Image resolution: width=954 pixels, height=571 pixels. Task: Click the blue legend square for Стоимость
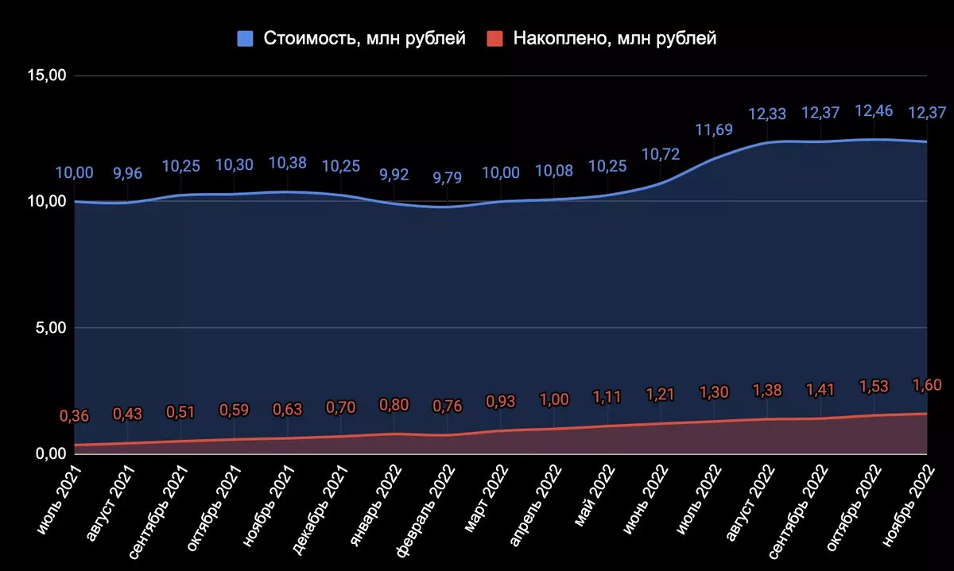coord(246,39)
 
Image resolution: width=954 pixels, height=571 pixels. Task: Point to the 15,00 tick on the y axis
coord(47,75)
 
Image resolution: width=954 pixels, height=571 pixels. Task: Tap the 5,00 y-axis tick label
coord(50,327)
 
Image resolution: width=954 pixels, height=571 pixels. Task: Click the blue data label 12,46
coord(874,111)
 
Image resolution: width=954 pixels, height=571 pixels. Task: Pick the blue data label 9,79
coord(447,177)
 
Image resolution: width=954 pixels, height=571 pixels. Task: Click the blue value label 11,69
coord(714,129)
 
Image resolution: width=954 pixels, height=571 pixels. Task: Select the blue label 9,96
coord(127,172)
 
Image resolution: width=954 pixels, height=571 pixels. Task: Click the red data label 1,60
coord(926,385)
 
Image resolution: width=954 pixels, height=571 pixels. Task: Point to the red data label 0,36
coord(74,416)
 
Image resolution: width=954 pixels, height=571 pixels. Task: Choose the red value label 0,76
coord(447,406)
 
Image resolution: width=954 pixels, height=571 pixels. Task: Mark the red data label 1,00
coord(554,399)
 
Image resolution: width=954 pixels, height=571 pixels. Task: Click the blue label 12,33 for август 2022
coord(767,114)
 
